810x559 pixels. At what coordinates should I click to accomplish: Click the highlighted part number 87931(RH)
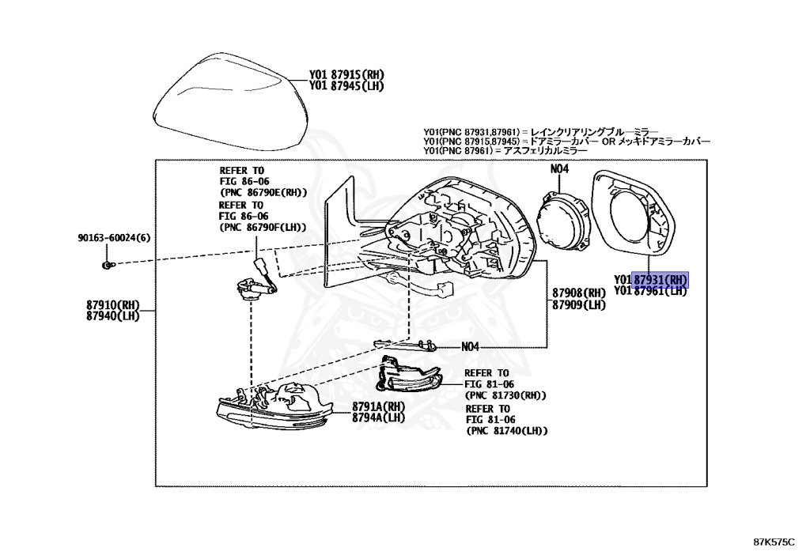coord(660,279)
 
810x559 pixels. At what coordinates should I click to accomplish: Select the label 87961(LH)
coord(660,291)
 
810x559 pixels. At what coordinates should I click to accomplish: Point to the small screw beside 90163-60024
coord(108,264)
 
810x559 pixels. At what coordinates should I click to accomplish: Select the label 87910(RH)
coord(113,304)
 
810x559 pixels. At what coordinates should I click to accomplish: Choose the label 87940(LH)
coord(113,315)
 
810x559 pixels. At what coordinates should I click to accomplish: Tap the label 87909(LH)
coord(579,305)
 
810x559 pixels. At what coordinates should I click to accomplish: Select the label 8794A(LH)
coord(379,417)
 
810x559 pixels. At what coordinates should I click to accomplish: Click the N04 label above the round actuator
coord(559,168)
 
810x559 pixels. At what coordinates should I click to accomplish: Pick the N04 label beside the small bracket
coord(470,346)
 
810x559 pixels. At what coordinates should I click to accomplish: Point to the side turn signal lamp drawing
coord(407,376)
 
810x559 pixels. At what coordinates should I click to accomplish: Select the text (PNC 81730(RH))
coord(505,395)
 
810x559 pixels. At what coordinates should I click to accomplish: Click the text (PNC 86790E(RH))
coord(263,192)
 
